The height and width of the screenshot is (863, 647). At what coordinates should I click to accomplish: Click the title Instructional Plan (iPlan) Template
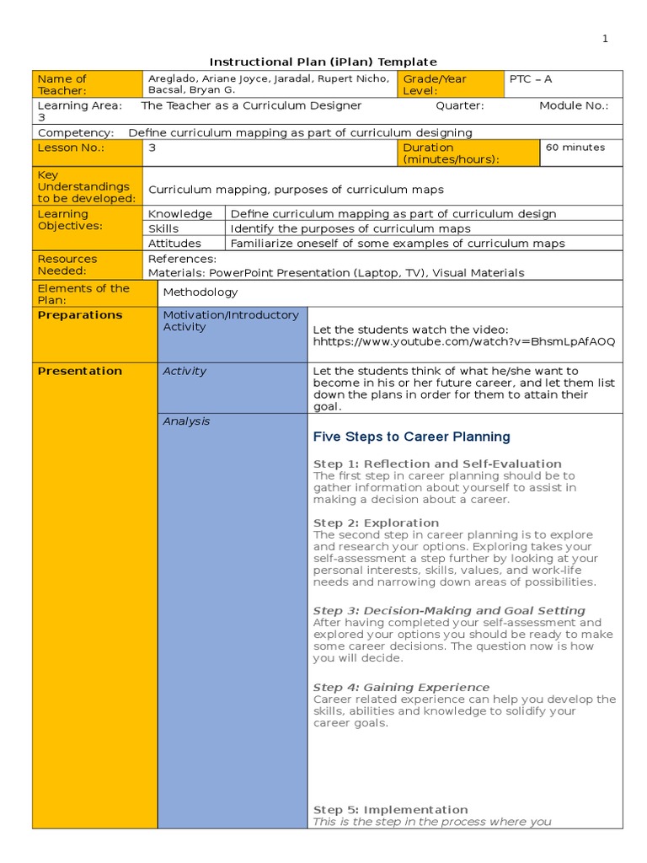(323, 62)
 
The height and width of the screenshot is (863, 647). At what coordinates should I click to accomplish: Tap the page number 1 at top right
(604, 39)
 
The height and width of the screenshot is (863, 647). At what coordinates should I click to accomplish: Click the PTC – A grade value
(531, 78)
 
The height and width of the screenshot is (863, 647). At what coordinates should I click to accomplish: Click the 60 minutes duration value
(575, 147)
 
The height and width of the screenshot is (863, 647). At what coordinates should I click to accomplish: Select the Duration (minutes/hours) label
(451, 153)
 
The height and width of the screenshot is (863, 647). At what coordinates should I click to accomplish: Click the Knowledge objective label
(180, 214)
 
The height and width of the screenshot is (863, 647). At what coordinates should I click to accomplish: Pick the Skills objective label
(163, 228)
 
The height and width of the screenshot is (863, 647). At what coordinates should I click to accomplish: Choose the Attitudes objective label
(175, 244)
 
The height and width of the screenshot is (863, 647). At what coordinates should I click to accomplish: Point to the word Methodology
(201, 292)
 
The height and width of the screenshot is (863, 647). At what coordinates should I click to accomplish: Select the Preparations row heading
(80, 315)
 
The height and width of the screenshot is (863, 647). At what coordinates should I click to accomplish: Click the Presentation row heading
(80, 371)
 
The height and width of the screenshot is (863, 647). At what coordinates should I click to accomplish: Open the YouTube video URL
(463, 341)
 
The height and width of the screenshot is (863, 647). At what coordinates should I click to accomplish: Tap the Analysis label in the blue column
(186, 421)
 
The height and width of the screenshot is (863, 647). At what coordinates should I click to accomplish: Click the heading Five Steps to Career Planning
(411, 437)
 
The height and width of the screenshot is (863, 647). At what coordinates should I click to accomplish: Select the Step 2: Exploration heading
(376, 523)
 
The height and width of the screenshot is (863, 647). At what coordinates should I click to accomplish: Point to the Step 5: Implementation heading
(390, 810)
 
